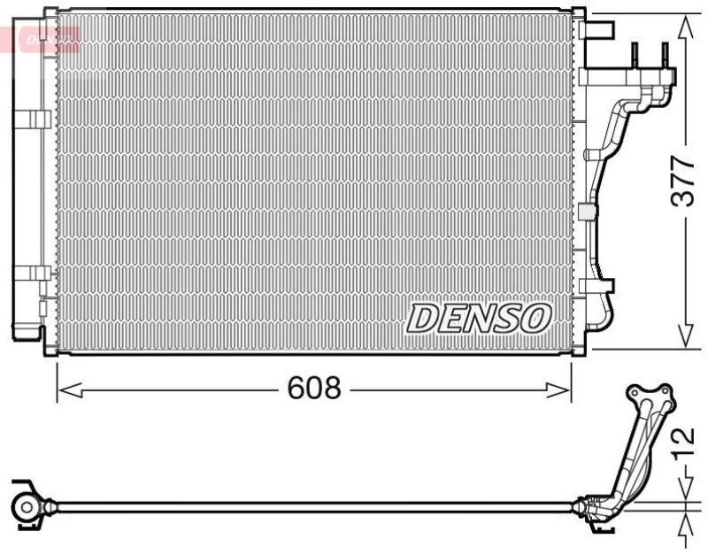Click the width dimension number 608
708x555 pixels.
(313, 389)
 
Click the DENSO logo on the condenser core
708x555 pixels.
(478, 318)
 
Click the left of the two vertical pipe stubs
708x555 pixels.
(635, 58)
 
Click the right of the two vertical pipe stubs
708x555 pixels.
(665, 58)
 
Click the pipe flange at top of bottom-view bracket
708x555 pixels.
(650, 397)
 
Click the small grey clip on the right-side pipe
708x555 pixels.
(585, 212)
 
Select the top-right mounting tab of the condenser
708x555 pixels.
(601, 29)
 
